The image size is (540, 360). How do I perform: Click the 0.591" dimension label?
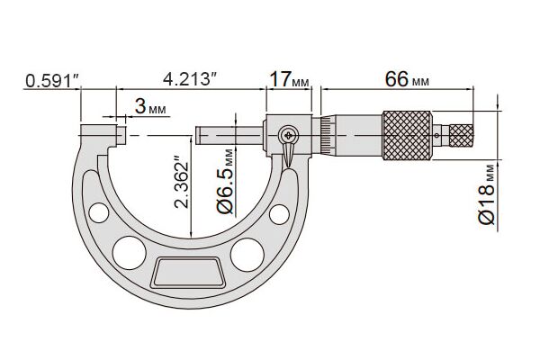(x=52, y=81)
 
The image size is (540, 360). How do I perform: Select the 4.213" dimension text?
(x=191, y=79)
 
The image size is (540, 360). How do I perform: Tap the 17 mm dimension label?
(x=289, y=79)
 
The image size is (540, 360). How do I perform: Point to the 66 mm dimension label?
(x=407, y=79)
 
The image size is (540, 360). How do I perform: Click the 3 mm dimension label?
(x=150, y=106)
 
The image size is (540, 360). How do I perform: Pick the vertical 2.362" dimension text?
(x=182, y=182)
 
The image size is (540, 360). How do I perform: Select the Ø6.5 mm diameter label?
(x=226, y=182)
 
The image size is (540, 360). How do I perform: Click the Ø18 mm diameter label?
(x=487, y=194)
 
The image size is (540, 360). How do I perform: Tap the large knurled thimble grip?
(x=407, y=135)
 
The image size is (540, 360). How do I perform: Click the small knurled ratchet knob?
(x=462, y=135)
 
